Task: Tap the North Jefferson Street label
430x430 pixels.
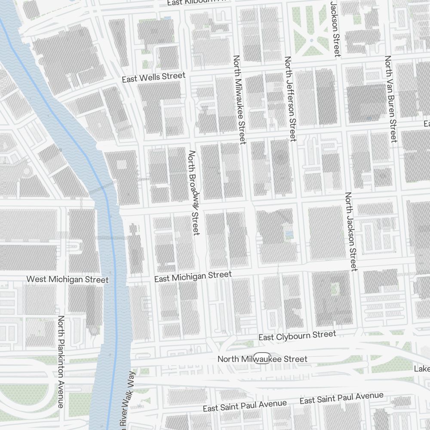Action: point(291,98)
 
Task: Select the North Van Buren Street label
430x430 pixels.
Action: point(391,98)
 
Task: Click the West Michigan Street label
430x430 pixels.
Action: point(68,279)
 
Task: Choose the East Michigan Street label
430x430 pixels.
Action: point(193,276)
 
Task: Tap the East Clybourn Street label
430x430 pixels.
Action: point(297,335)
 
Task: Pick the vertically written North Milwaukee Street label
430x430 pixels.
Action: point(239,99)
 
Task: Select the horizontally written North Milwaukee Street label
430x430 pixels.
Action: point(262,359)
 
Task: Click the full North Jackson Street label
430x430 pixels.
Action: point(351,231)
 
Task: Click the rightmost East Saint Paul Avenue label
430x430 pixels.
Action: point(341,398)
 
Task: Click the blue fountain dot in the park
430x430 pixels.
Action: point(311,40)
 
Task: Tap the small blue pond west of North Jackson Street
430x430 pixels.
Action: point(289,234)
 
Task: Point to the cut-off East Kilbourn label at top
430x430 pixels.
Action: point(196,3)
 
